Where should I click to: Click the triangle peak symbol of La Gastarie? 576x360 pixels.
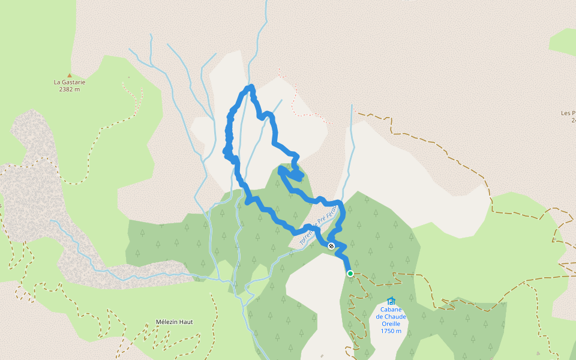coord(70,75)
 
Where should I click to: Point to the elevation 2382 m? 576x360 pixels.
coord(70,89)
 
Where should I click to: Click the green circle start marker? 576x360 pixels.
coord(350,274)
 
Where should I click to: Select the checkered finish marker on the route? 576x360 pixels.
coord(331,245)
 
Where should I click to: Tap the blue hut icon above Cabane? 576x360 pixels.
coord(391,301)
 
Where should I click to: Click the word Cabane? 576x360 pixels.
coord(391,310)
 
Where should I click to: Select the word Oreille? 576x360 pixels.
coord(391,324)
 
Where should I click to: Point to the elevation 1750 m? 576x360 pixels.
coord(391,331)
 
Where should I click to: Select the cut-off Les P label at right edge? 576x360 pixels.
coord(568,113)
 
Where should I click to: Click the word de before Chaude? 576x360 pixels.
coord(380,317)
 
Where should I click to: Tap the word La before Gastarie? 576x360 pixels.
coord(58,82)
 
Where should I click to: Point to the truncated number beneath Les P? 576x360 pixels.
coord(573,120)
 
